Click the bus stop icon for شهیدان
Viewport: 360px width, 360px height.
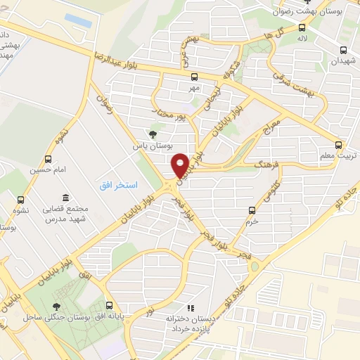[x=343, y=50]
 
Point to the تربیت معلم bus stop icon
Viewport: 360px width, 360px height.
[x=341, y=143]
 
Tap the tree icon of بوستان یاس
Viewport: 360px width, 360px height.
[x=153, y=134]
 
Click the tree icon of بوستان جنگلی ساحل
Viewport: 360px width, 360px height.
[x=56, y=306]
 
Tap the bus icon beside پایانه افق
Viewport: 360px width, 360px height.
[x=109, y=306]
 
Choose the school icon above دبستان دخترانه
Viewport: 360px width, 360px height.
[x=189, y=308]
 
